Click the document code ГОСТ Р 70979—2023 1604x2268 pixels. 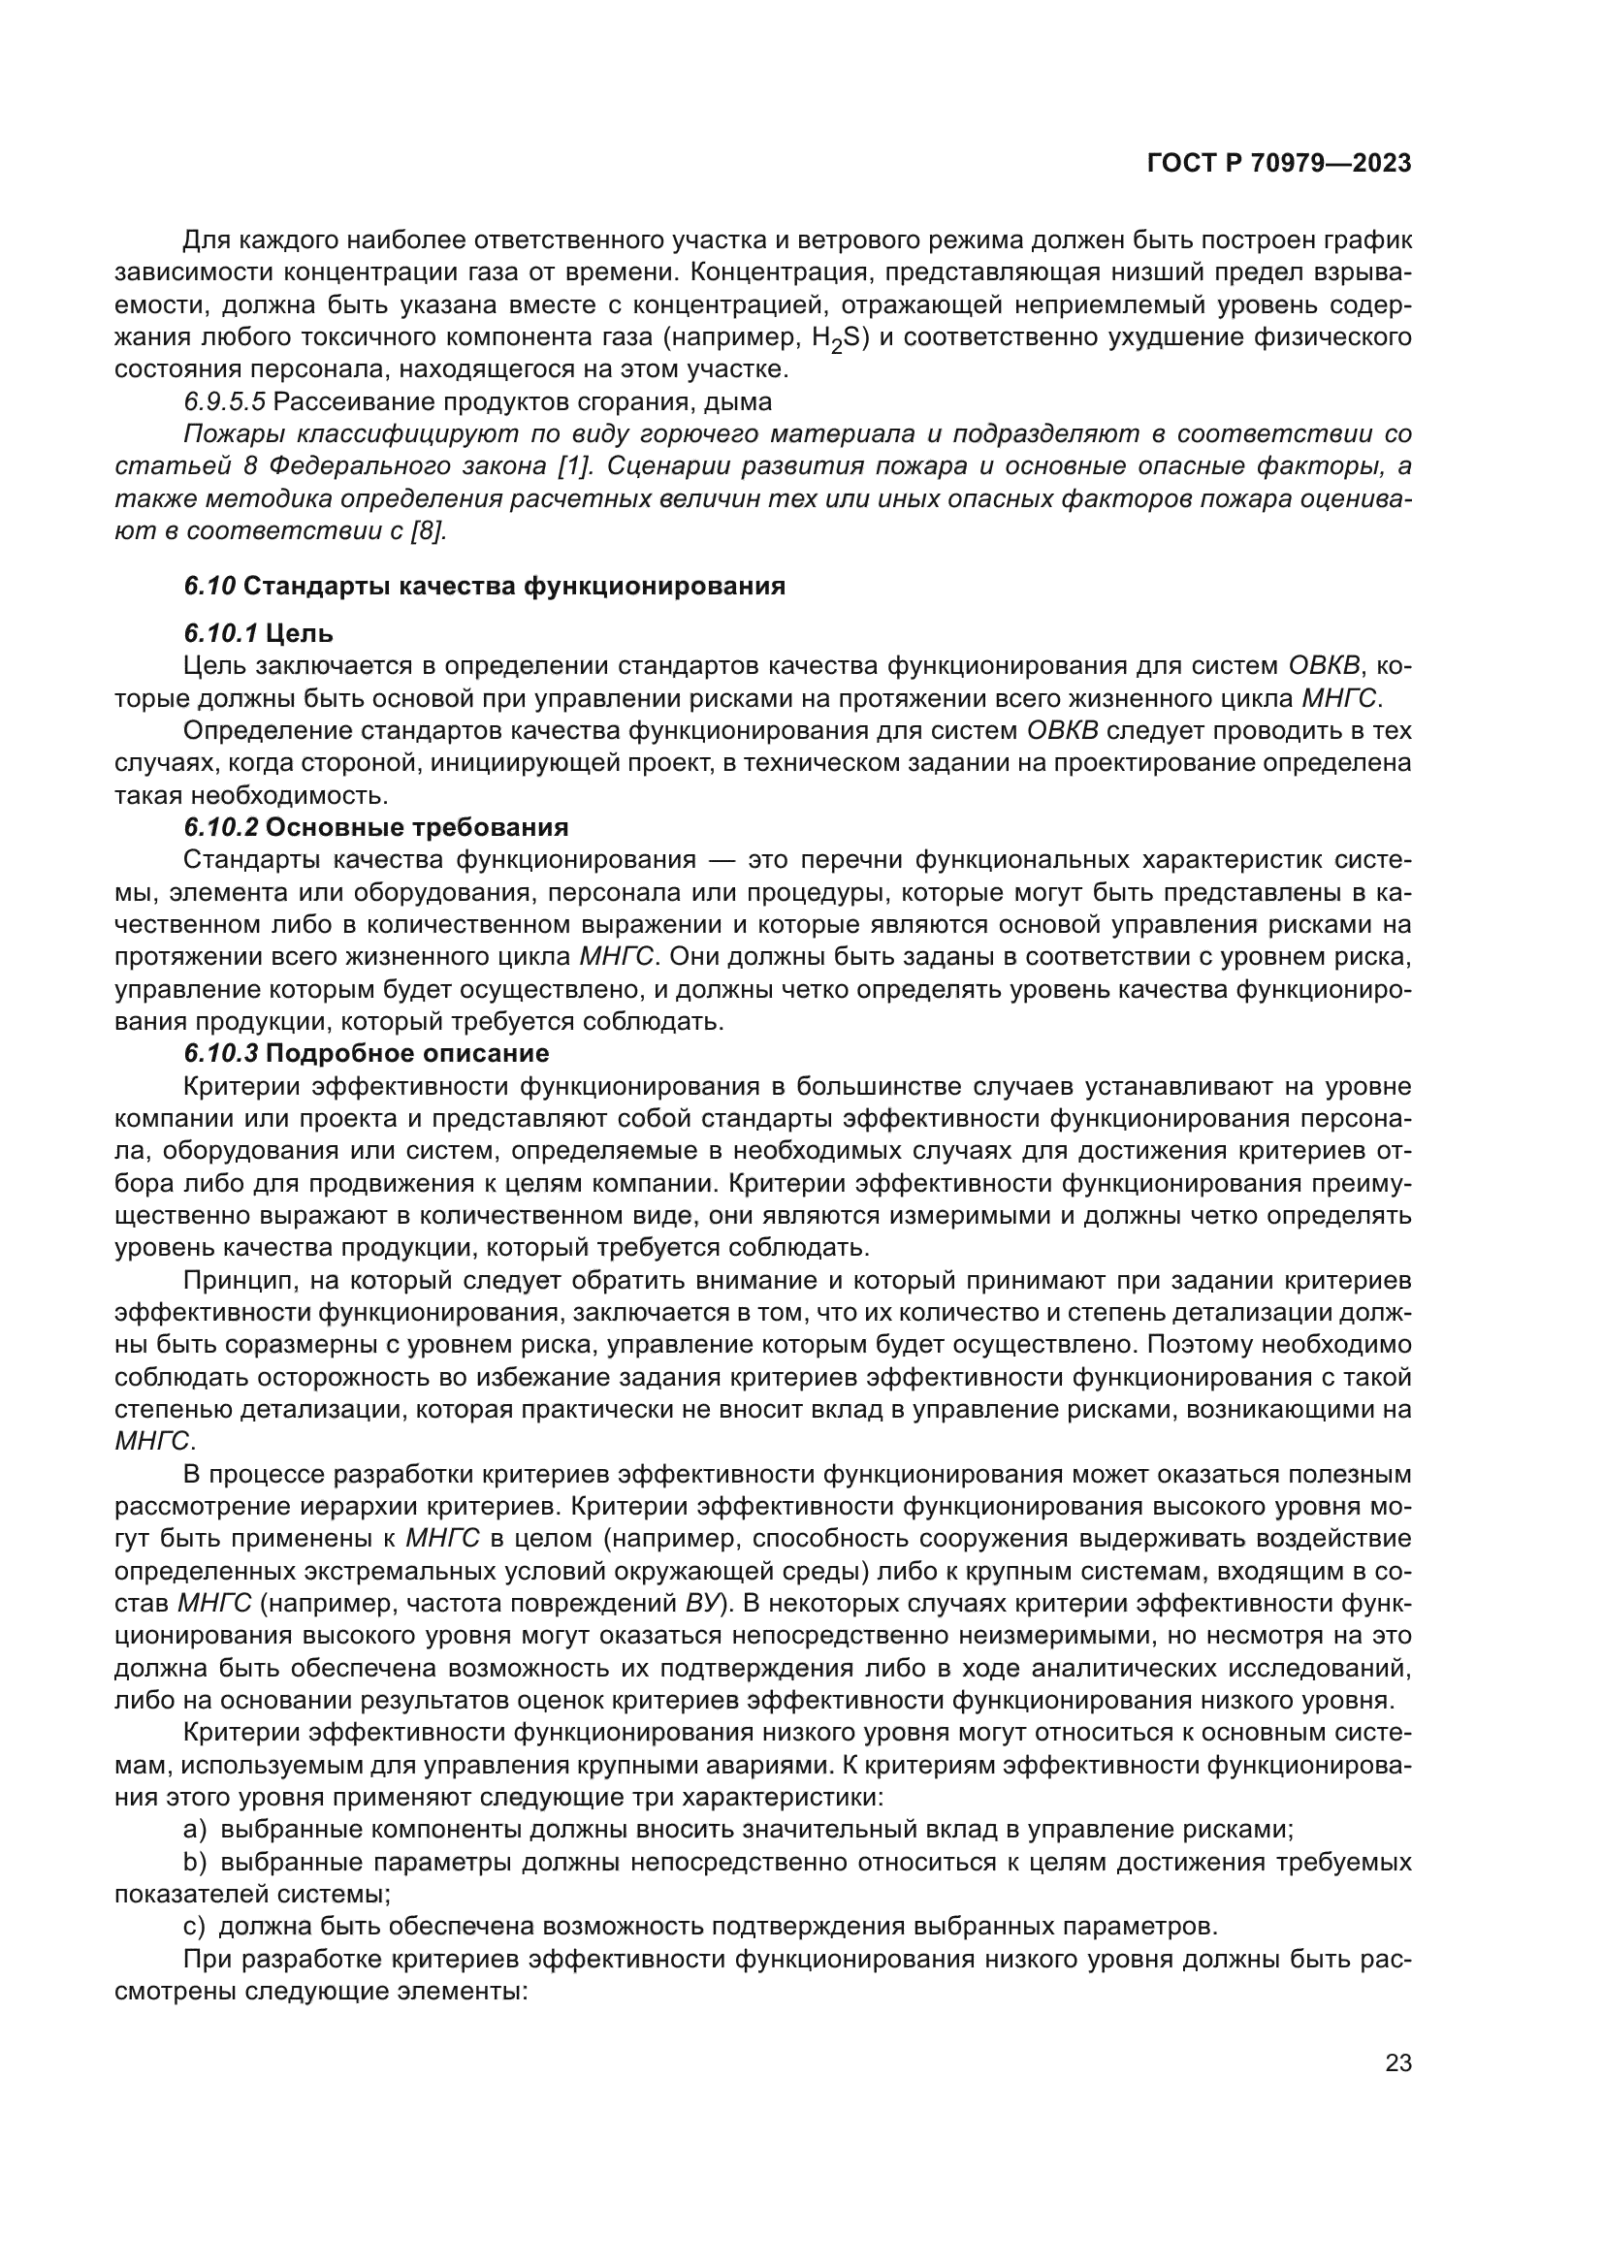(1279, 164)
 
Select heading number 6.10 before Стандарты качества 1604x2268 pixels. (209, 587)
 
